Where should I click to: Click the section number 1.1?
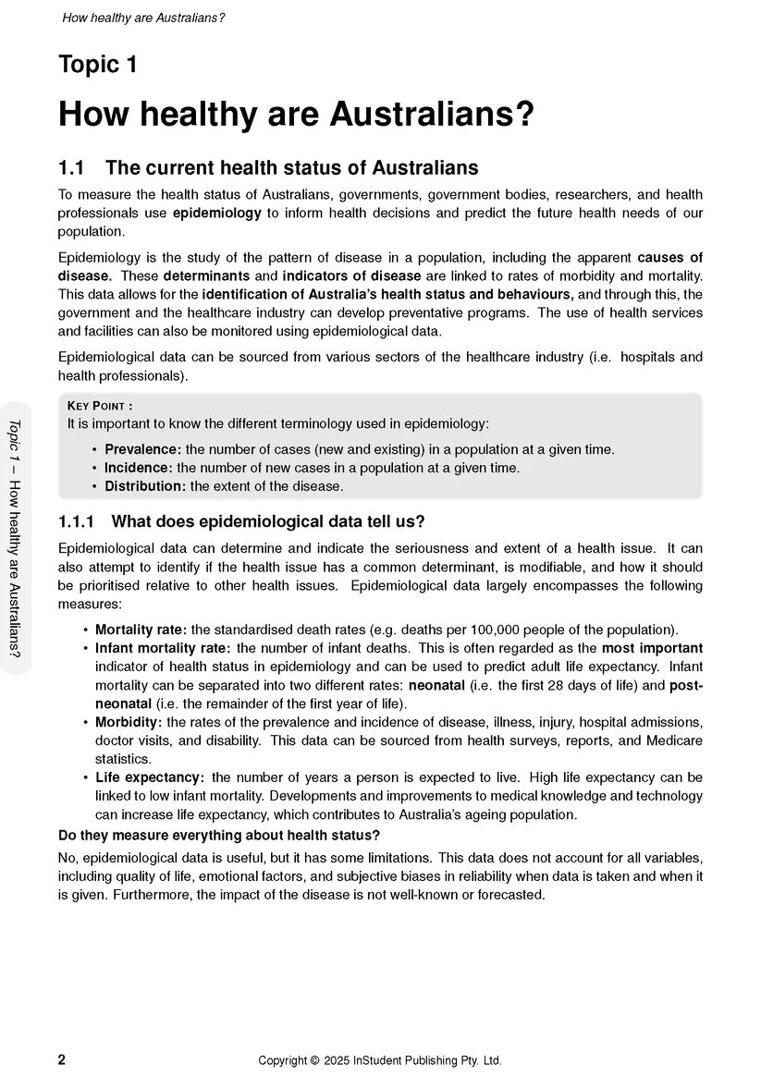point(71,168)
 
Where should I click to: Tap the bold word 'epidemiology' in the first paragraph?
point(217,213)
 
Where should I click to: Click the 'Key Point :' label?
point(100,406)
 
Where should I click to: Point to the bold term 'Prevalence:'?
point(141,449)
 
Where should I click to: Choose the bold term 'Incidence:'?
point(138,468)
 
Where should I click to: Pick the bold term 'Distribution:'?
point(145,486)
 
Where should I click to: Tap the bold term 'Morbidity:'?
point(129,722)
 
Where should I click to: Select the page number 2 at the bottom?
point(62,1060)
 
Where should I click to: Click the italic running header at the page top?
point(143,18)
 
